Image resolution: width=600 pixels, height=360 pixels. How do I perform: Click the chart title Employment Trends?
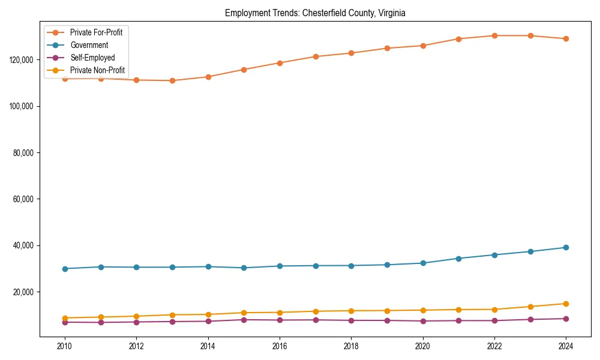(315, 13)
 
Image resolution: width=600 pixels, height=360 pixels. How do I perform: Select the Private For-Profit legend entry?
(96, 32)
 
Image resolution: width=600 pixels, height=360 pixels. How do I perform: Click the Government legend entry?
(89, 45)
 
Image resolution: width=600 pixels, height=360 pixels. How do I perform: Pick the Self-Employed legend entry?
(92, 58)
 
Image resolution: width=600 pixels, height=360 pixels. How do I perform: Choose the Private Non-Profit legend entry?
(97, 70)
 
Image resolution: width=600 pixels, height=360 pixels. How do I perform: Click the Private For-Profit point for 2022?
(494, 35)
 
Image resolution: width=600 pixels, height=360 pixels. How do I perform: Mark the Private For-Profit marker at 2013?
(172, 80)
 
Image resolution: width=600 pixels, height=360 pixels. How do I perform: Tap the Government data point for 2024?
(566, 247)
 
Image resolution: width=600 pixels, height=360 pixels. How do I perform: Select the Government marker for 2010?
(65, 269)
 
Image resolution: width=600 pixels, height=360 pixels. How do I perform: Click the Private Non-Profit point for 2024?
(566, 304)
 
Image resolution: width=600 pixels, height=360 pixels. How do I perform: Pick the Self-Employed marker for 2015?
(244, 320)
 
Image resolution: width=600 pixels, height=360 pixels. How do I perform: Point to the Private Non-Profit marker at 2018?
(351, 311)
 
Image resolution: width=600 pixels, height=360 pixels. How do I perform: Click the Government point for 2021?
(458, 259)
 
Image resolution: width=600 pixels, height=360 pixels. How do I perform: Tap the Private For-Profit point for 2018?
(351, 53)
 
